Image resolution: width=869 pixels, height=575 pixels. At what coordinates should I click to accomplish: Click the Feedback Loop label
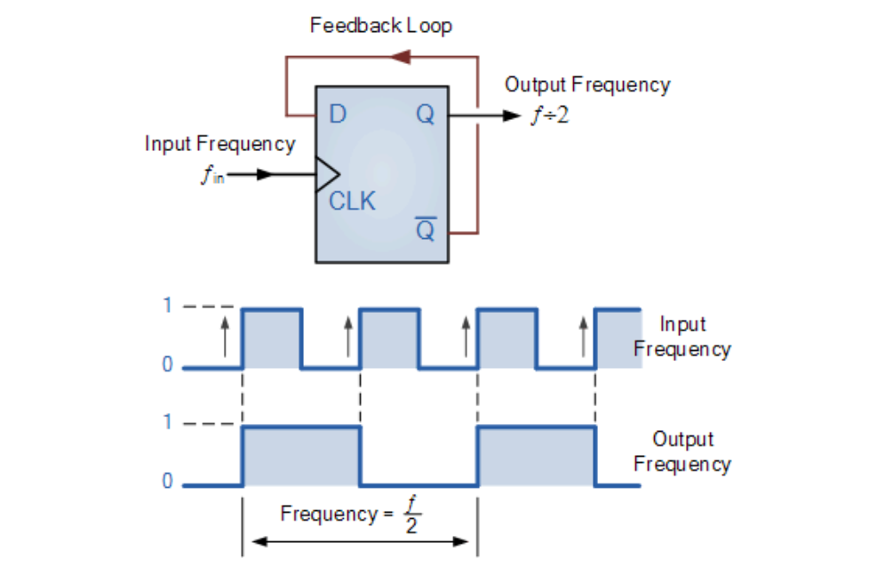[x=380, y=25]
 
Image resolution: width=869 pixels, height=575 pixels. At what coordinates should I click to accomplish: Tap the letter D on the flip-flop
[x=338, y=115]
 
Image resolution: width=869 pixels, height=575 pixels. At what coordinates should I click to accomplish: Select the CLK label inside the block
[x=352, y=201]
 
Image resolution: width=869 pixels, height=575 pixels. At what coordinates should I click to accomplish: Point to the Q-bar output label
[x=426, y=230]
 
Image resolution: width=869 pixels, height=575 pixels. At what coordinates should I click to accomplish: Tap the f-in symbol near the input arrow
[x=211, y=175]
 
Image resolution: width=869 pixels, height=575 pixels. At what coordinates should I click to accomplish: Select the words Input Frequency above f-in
[x=219, y=143]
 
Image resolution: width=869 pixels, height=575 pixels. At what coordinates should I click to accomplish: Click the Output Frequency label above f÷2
[x=587, y=84]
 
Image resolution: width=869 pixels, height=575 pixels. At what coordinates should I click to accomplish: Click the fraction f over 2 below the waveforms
[x=411, y=514]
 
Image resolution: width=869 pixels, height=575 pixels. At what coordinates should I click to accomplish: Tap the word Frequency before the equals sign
[x=328, y=514]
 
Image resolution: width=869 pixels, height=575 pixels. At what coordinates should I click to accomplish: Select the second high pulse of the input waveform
[x=388, y=338]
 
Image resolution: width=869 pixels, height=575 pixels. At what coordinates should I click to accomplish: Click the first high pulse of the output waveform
[x=301, y=455]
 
